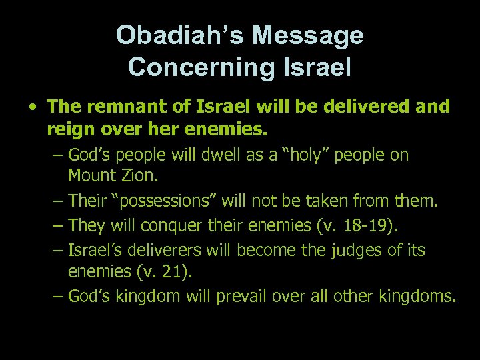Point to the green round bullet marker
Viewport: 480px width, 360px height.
click(33, 107)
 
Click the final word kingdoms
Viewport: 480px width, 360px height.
click(417, 296)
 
